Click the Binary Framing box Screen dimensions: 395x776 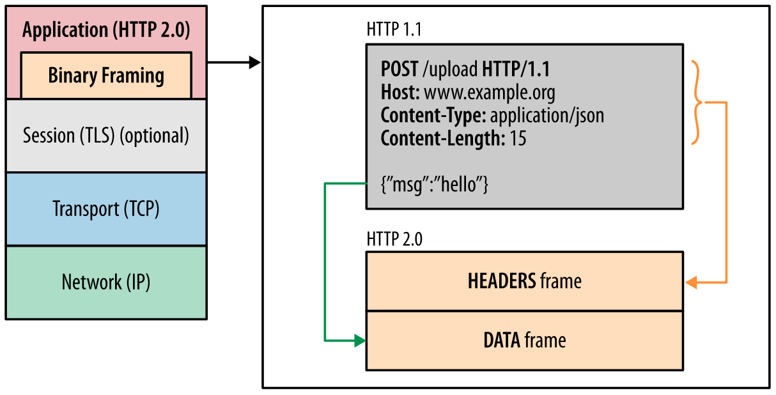106,75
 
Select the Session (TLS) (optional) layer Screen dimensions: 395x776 106,136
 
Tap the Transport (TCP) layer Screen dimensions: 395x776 106,209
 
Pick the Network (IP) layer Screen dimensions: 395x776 106,282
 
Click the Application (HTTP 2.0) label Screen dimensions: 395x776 106,30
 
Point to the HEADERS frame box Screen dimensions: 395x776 524,281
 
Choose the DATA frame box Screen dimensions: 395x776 524,340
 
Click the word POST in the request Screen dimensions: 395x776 400,69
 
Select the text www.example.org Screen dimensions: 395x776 490,93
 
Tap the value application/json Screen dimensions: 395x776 547,116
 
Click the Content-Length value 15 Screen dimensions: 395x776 518,139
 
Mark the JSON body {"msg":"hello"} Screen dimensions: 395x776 435,185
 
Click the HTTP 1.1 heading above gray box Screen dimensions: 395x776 394,29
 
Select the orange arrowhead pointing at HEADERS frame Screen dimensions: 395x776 691,282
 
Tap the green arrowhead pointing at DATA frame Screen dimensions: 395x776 360,341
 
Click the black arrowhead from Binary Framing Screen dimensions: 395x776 254,62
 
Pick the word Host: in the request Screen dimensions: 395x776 400,93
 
